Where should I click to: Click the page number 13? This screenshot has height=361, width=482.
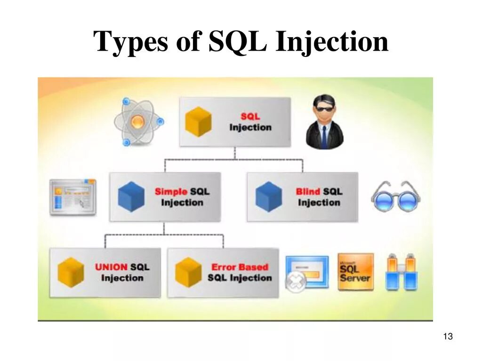(x=448, y=337)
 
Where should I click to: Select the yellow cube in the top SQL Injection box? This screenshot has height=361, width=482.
(x=198, y=121)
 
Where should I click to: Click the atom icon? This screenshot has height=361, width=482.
(x=137, y=121)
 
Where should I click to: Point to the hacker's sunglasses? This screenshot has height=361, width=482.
(x=324, y=109)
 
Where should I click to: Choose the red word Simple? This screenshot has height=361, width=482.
(x=171, y=191)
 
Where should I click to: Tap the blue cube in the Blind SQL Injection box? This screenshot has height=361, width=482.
(x=269, y=196)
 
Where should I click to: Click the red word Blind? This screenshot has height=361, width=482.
(x=308, y=191)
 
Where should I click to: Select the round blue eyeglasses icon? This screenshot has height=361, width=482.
(x=395, y=197)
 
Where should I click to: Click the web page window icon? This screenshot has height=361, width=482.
(x=73, y=197)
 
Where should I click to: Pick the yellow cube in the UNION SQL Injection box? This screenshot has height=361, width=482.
(x=71, y=272)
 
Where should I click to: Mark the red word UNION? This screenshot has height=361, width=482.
(x=111, y=267)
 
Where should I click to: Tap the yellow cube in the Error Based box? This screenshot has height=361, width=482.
(x=189, y=272)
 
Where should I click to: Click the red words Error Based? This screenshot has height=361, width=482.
(x=239, y=267)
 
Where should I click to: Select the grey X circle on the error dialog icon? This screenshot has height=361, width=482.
(x=296, y=282)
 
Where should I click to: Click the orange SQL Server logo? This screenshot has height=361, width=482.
(x=355, y=272)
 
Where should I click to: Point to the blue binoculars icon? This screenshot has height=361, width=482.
(x=402, y=272)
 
